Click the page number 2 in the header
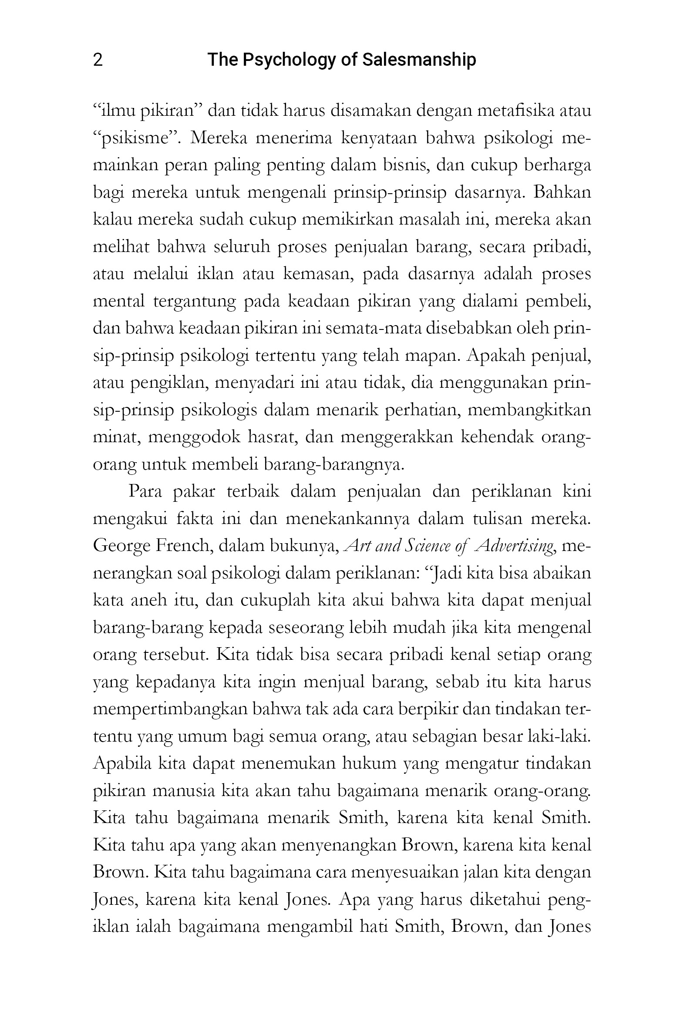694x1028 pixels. [x=98, y=60]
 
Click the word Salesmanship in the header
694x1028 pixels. [x=419, y=60]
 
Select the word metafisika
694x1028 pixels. [x=515, y=111]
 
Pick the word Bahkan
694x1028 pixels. [x=562, y=192]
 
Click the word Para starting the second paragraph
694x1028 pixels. [x=145, y=491]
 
